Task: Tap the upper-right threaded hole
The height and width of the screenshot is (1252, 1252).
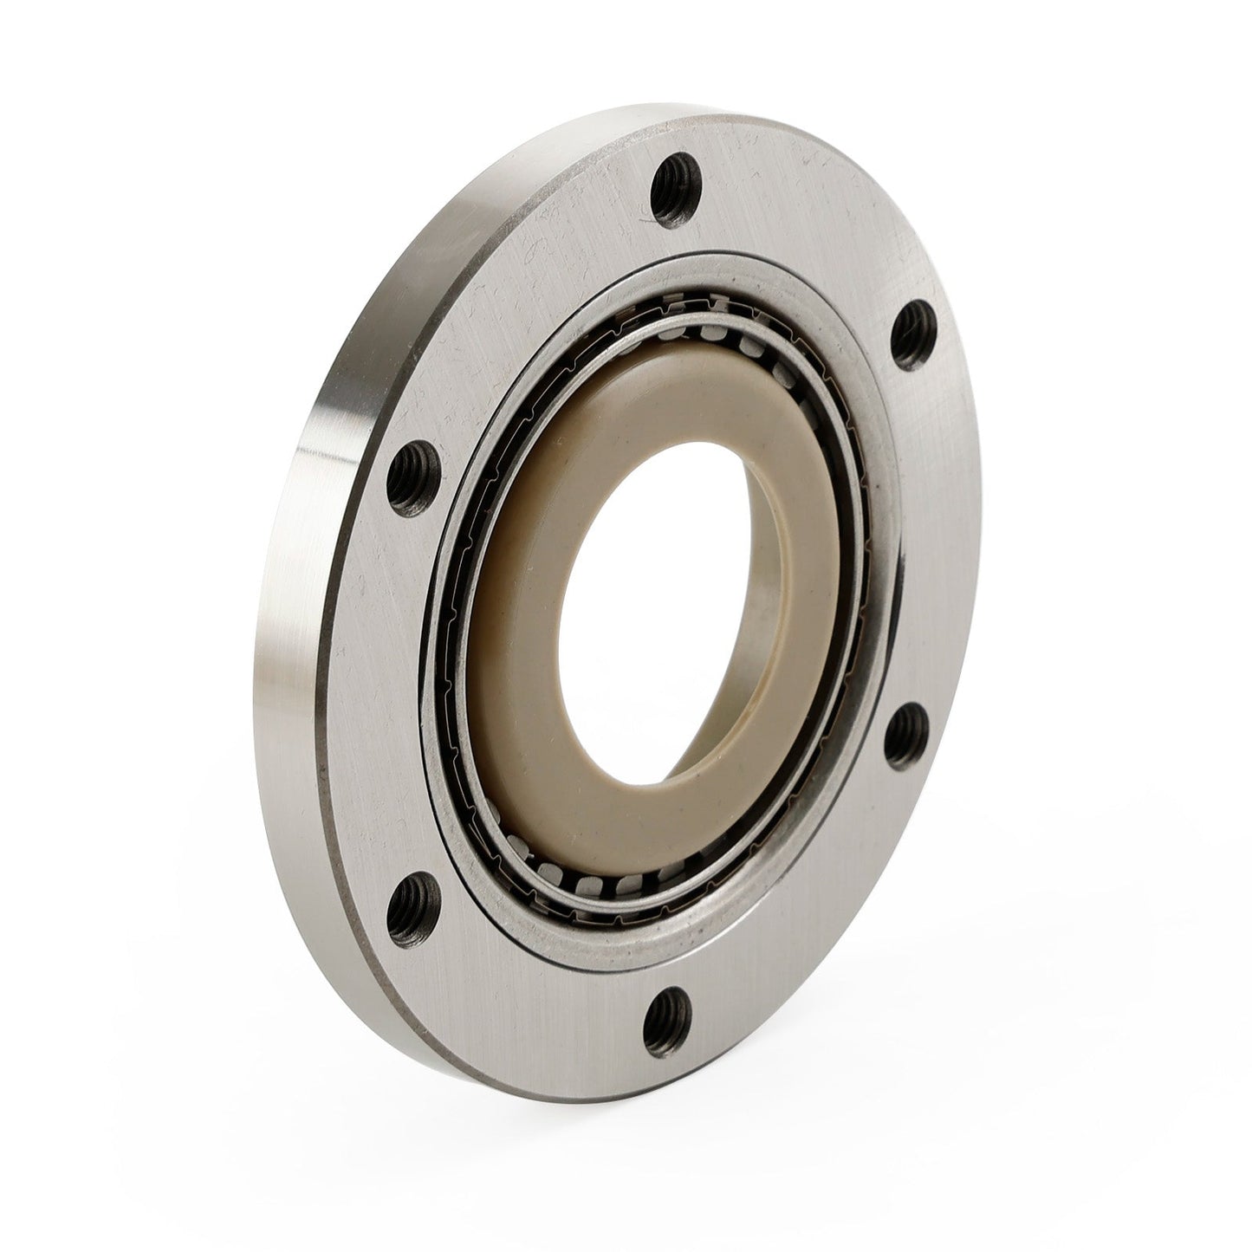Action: pos(911,327)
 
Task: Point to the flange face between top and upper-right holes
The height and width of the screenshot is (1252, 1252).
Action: pos(806,234)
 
